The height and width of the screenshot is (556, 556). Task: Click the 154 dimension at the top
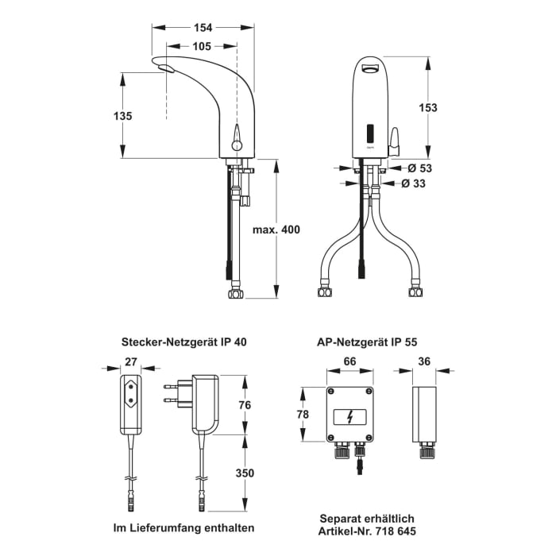tap(203, 28)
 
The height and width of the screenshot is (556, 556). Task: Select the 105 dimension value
tap(202, 47)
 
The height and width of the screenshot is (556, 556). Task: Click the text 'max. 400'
tap(276, 230)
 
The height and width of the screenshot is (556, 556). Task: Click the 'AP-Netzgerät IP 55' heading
tap(366, 342)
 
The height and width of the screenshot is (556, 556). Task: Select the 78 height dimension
tap(302, 414)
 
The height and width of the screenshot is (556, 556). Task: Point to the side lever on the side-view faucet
tap(235, 137)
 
